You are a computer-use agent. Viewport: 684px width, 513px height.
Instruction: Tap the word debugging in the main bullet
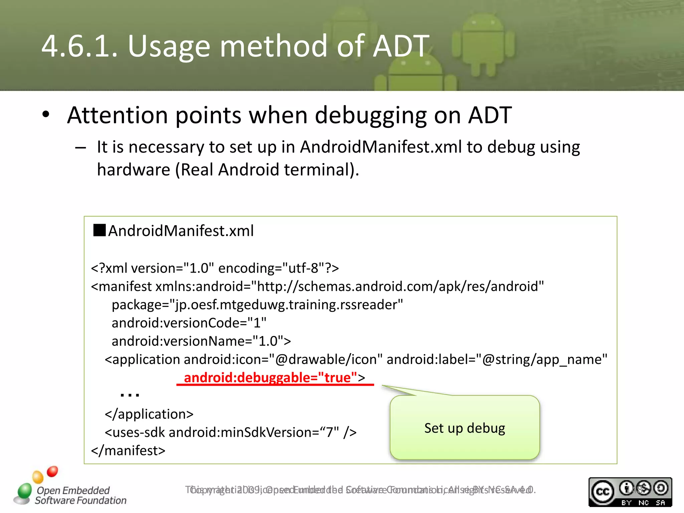(x=371, y=116)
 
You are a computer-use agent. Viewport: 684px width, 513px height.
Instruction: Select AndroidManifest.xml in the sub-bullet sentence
(x=381, y=147)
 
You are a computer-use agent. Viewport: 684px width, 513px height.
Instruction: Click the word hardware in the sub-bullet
(x=134, y=170)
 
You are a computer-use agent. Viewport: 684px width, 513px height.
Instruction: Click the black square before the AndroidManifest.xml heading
(x=100, y=230)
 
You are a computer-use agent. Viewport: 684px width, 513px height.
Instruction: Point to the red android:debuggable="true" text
(x=271, y=378)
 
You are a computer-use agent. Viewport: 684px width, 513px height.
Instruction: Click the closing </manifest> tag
(x=128, y=451)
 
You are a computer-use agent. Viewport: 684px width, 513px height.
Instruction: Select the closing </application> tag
(x=149, y=414)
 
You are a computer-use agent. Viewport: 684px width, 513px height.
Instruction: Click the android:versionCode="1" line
(x=189, y=323)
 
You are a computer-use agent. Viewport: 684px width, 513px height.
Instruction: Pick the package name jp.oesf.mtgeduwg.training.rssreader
(x=286, y=305)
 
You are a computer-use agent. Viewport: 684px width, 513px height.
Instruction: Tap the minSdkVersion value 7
(x=330, y=433)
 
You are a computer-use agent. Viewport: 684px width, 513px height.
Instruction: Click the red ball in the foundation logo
(x=52, y=471)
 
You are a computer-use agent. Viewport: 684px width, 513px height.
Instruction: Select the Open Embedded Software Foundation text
(x=80, y=495)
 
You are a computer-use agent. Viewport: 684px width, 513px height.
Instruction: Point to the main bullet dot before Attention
(x=46, y=115)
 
